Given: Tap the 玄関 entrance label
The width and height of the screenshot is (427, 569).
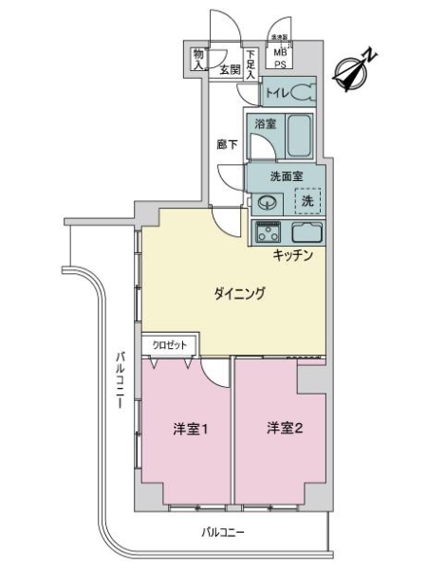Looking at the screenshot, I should [230, 69].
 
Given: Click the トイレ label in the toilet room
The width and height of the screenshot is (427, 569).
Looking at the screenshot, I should [277, 93].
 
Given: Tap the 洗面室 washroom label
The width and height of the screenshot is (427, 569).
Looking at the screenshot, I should [286, 176].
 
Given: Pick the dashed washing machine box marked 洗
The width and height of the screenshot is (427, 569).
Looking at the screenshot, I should [306, 201].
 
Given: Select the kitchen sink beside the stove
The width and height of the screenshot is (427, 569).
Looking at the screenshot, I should [306, 231].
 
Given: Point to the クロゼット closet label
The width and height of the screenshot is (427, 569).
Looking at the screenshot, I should [171, 345].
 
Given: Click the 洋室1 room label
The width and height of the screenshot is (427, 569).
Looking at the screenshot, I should [190, 429].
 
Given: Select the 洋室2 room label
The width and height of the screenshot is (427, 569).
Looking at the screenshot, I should [284, 429].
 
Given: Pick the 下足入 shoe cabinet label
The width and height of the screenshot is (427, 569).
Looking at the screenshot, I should [251, 64].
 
